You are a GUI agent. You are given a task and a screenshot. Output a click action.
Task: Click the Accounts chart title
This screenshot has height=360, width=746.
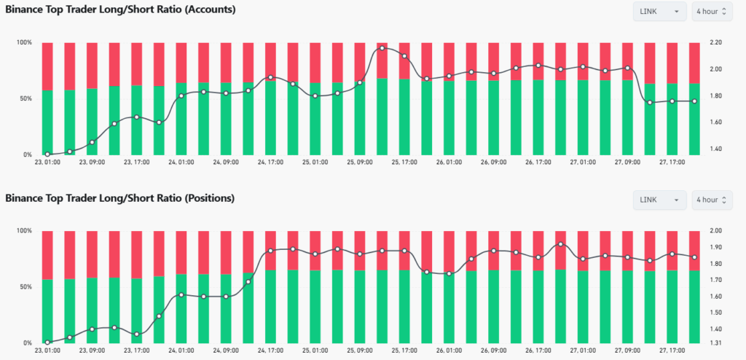click(120, 9)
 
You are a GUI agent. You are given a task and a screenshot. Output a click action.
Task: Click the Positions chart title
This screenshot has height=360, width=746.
click(120, 197)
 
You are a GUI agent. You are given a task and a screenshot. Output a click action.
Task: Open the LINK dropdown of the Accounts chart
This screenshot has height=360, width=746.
click(659, 12)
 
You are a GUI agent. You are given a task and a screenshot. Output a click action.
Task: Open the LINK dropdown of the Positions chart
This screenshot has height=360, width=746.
click(659, 200)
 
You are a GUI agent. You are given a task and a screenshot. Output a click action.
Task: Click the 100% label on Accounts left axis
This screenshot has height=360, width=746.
click(24, 43)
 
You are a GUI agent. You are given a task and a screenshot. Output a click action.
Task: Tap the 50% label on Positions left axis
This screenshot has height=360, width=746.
click(25, 287)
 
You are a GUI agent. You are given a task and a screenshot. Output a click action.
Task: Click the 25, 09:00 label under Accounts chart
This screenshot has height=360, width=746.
click(360, 163)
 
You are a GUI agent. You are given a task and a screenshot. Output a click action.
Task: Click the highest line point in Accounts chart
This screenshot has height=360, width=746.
click(382, 48)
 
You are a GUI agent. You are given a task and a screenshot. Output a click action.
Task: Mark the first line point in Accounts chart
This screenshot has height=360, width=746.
click(47, 154)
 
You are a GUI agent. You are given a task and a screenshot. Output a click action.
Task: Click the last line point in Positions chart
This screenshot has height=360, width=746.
click(694, 257)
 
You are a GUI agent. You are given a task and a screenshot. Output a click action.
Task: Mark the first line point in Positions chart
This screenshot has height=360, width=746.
click(47, 343)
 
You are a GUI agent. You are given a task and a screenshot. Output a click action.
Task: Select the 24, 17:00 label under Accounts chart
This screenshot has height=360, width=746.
click(271, 163)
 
